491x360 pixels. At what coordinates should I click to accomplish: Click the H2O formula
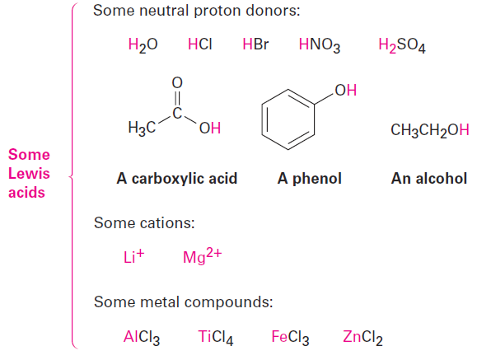[x=143, y=45]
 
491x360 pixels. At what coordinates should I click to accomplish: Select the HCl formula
[x=200, y=44]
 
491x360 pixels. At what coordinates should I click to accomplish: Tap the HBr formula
[x=255, y=44]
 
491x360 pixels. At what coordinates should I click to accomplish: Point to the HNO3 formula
[x=320, y=45]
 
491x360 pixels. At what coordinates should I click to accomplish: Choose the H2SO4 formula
[x=402, y=45]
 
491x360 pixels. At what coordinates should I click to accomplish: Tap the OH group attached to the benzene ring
[x=346, y=90]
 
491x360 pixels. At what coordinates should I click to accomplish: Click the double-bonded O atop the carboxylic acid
[x=177, y=82]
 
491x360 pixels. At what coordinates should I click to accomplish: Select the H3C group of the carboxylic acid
[x=142, y=129]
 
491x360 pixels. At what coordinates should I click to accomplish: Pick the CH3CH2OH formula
[x=430, y=130]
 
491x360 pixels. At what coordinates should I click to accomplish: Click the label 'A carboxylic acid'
[x=177, y=179]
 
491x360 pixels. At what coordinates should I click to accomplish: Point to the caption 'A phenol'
[x=310, y=179]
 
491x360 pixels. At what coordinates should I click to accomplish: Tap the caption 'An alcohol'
[x=429, y=179]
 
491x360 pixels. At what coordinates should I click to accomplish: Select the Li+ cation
[x=133, y=256]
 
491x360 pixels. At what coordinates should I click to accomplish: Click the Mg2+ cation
[x=203, y=256]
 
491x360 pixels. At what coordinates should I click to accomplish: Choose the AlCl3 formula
[x=142, y=338]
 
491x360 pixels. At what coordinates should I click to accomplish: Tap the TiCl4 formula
[x=216, y=338]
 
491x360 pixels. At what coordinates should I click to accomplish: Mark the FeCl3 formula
[x=290, y=338]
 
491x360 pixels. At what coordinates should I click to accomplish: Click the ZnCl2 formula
[x=362, y=338]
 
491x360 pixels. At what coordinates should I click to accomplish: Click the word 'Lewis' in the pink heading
[x=29, y=174]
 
